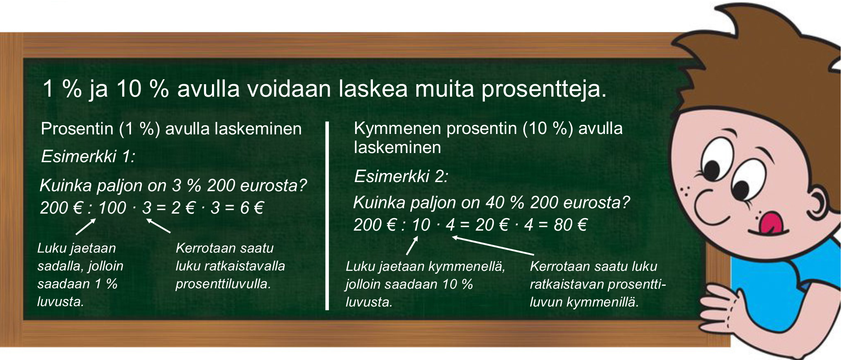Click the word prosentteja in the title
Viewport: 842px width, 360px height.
544,89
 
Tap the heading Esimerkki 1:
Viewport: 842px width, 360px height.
88,156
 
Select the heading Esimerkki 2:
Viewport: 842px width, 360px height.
401,176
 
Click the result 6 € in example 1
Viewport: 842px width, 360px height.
252,207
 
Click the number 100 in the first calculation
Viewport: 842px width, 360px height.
112,207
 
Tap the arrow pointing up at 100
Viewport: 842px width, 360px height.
86,227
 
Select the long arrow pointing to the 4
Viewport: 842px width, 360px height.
493,246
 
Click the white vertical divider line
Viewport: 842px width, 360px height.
327,216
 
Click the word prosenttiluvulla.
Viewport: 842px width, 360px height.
223,284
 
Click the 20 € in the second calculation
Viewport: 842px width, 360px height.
492,225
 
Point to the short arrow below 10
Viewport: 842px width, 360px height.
412,245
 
